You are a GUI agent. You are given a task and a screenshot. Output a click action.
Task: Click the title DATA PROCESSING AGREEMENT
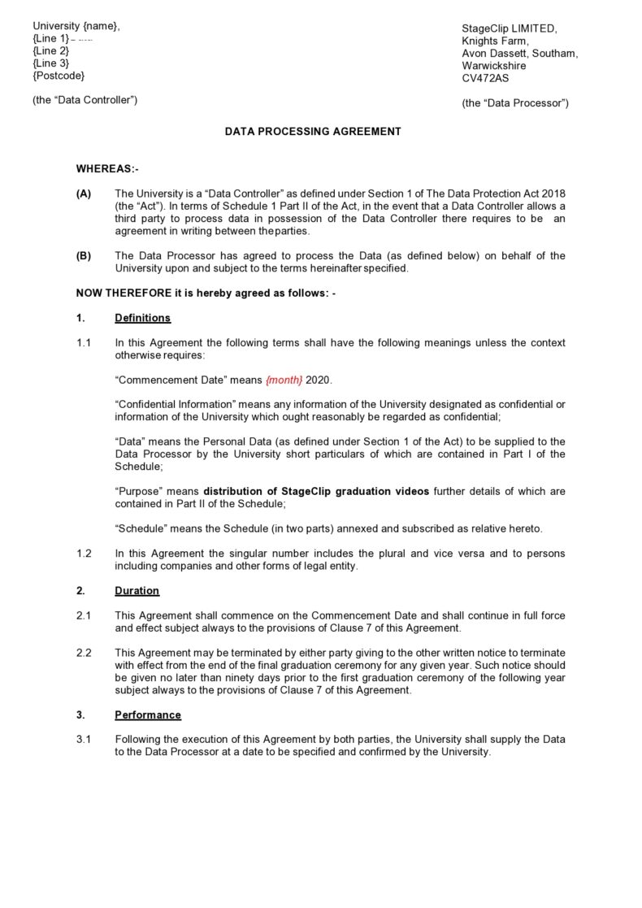coord(313,131)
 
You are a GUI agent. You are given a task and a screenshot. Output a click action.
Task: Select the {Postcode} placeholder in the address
coord(59,76)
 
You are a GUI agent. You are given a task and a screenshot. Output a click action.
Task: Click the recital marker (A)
coord(84,193)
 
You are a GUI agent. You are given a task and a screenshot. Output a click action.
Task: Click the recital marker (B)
coord(84,256)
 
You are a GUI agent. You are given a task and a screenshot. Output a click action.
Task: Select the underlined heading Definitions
coord(142,318)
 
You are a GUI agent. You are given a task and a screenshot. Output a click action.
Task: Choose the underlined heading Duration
coord(137,591)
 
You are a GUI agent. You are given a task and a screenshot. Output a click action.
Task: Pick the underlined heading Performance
coord(148,715)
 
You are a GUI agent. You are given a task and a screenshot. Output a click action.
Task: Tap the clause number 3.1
coord(84,740)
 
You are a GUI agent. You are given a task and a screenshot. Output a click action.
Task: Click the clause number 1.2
coord(84,554)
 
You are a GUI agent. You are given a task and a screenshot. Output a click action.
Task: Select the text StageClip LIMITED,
coord(510,28)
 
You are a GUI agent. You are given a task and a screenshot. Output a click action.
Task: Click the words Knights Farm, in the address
coord(495,41)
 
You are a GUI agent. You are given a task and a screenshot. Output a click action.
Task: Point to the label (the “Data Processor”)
coord(515,103)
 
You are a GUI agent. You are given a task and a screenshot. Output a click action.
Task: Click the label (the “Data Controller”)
coord(85,100)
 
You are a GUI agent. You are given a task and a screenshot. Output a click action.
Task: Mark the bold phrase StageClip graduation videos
coord(357,492)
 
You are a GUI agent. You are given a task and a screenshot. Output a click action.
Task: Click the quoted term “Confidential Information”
coord(175,405)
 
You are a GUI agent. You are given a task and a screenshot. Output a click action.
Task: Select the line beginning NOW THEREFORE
coord(205,293)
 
